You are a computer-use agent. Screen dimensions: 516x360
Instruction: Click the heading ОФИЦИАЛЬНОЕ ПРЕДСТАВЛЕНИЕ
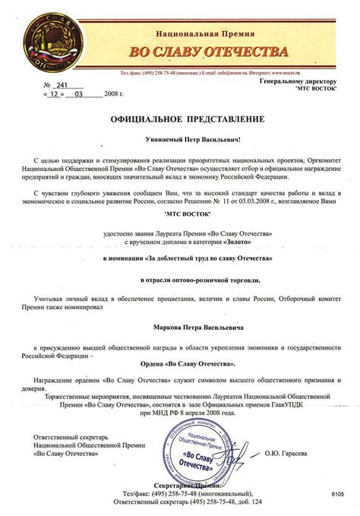179,119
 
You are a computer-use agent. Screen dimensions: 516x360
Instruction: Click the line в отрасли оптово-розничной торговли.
179,279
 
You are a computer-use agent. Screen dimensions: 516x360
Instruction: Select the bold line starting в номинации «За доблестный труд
179,259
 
